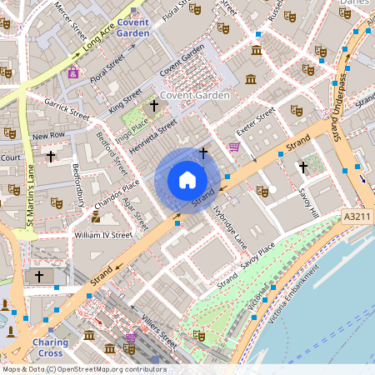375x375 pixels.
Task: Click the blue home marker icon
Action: [x=187, y=179]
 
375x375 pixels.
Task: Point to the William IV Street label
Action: [x=103, y=235]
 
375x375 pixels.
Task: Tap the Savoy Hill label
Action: [x=310, y=201]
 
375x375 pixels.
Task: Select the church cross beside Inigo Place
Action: [x=152, y=106]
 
